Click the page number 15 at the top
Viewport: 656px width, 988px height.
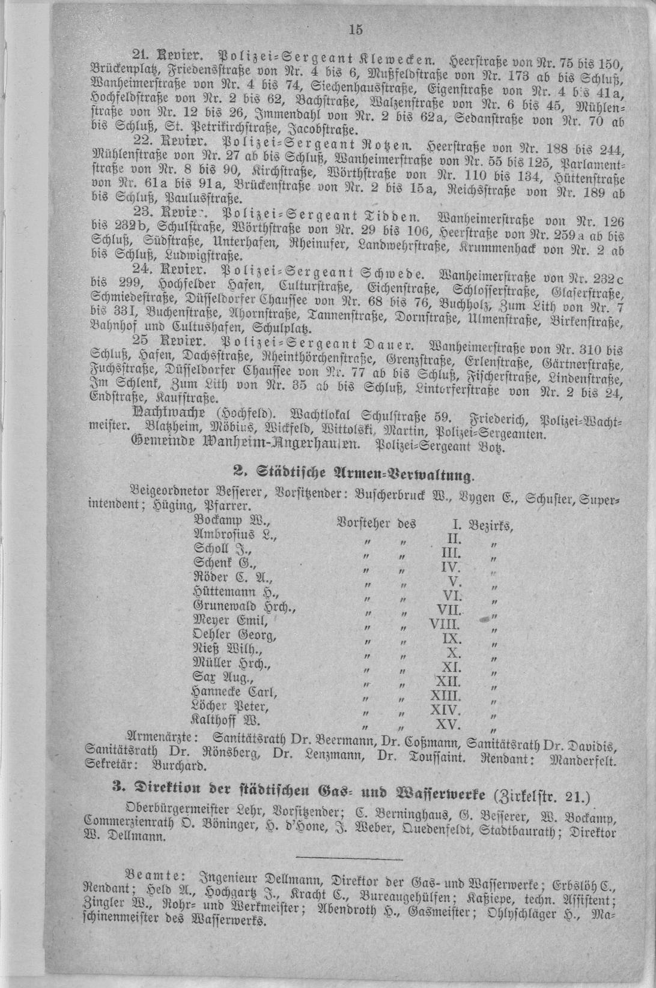tap(356, 28)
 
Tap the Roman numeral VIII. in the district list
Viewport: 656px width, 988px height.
tap(445, 624)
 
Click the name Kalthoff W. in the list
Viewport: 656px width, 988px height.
tap(225, 720)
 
